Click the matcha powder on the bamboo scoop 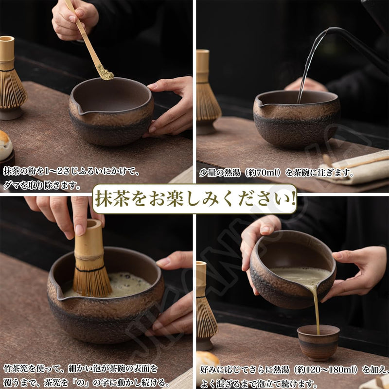pos(106,74)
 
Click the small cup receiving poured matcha pos(318,342)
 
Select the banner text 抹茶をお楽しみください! pos(194,199)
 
